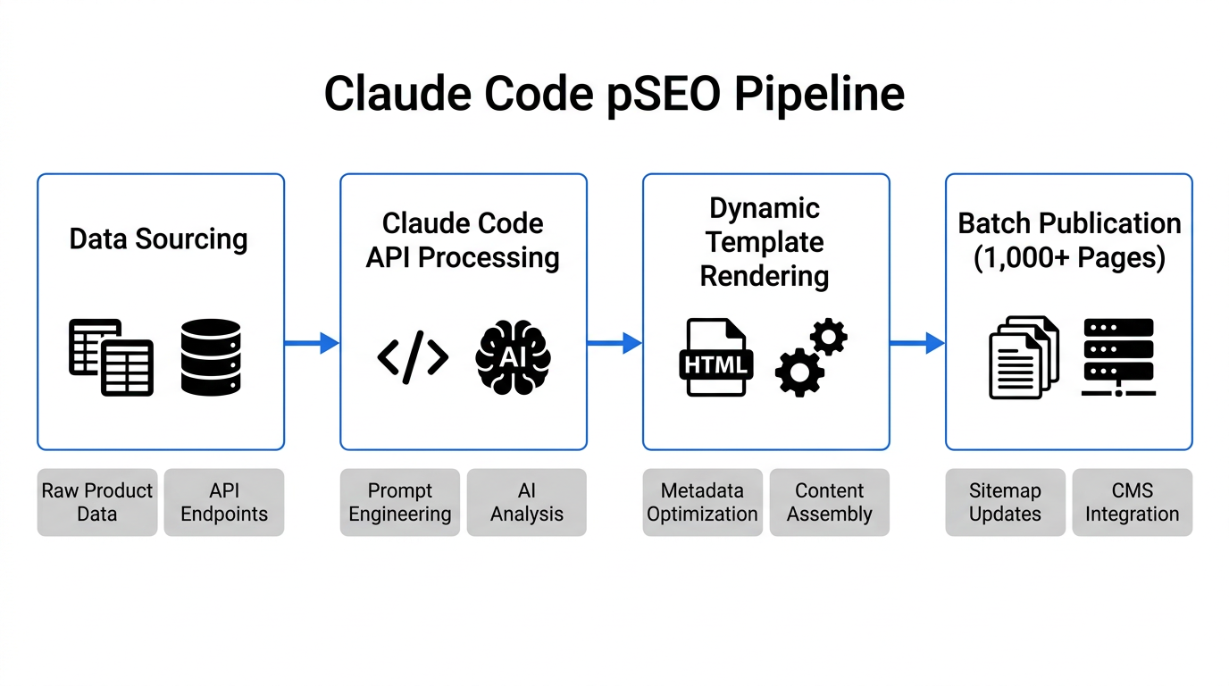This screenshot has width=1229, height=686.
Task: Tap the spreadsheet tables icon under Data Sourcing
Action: click(111, 357)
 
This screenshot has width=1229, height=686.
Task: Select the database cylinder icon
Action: click(211, 357)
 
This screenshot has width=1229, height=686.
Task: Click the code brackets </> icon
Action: click(413, 357)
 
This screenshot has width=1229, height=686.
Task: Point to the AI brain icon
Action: click(513, 357)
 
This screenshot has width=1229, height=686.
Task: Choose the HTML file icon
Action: click(715, 358)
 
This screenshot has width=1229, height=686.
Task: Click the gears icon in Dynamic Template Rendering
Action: click(811, 357)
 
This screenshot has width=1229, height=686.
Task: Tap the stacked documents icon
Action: click(1024, 357)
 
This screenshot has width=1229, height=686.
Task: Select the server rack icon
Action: click(1118, 357)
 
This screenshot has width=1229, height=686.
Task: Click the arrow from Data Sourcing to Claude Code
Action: click(312, 343)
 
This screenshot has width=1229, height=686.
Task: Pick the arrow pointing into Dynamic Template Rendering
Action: click(614, 343)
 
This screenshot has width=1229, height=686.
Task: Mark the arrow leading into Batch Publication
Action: click(917, 343)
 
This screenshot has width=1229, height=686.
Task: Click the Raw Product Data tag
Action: click(97, 502)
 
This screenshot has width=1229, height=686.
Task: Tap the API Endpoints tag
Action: click(224, 502)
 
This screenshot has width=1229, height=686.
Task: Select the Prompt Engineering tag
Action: click(400, 502)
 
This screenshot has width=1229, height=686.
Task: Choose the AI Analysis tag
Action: click(527, 502)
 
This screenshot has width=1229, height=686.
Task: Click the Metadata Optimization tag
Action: click(703, 502)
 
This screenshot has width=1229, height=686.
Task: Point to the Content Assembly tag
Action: click(830, 502)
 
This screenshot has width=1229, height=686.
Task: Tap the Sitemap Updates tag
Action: click(1006, 502)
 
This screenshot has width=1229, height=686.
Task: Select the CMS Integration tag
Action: click(1133, 502)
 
